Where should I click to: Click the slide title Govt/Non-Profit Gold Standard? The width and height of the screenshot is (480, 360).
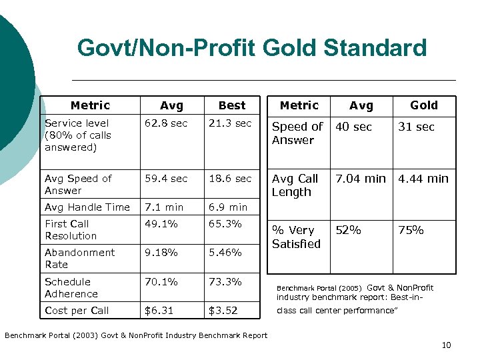point(252,48)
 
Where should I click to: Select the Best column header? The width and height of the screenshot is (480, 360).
point(232,105)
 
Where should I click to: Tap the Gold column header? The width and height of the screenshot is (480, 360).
point(423,105)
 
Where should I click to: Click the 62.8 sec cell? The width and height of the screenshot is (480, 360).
point(166,123)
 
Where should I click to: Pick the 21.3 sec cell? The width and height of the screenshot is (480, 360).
point(230,123)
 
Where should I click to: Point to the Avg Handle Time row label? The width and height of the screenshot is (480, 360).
point(87,207)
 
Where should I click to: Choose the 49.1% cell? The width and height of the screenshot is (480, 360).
point(161,224)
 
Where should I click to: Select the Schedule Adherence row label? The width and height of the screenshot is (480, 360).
point(71,287)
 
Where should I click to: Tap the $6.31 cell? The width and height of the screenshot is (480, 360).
point(159,311)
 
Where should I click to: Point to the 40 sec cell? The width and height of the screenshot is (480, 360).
point(353,127)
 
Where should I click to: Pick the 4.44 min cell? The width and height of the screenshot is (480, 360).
point(423,179)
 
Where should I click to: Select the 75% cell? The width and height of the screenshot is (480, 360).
point(411,230)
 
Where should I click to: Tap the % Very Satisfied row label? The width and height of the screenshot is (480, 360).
point(296,237)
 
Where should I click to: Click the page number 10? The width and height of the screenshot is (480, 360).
point(446,345)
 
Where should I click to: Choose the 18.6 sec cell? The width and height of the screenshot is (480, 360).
point(230,179)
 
